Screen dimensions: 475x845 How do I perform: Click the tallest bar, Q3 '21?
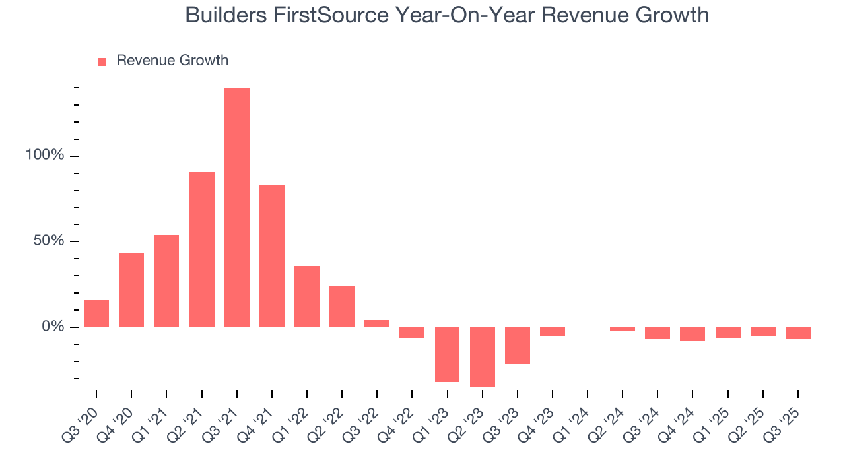236,207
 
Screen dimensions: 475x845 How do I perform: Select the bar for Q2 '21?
201,249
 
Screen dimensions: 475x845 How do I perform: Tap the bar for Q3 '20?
96,314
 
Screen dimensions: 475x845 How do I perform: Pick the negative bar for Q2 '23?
482,357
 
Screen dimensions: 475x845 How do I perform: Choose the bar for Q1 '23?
447,354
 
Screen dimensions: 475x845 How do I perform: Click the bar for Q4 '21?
271,256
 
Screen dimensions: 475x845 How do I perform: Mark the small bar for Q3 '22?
377,324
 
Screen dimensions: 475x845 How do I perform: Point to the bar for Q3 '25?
797,333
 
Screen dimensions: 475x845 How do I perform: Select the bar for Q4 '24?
693,334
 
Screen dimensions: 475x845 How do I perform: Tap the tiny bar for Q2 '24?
623,329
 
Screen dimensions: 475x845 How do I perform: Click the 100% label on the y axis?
45,156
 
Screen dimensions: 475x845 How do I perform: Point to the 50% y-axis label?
49,241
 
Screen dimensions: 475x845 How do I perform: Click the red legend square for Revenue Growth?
102,61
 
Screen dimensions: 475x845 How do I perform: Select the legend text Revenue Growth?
172,61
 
